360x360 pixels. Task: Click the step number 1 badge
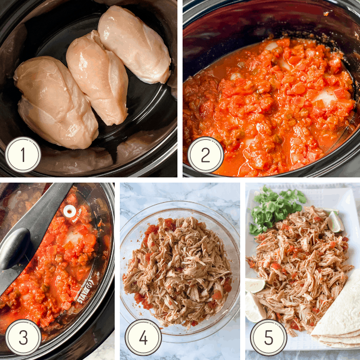pos(23,154)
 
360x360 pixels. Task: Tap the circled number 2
pos(206,154)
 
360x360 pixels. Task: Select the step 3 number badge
pos(23,337)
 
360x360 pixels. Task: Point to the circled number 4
pos(143,337)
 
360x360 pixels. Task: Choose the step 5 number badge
pos(268,337)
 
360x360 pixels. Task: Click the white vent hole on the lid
pos(69,211)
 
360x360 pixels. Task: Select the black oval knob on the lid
pos(14,248)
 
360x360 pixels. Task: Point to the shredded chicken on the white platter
pos(301,268)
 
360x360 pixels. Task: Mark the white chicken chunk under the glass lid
pos(74,237)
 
